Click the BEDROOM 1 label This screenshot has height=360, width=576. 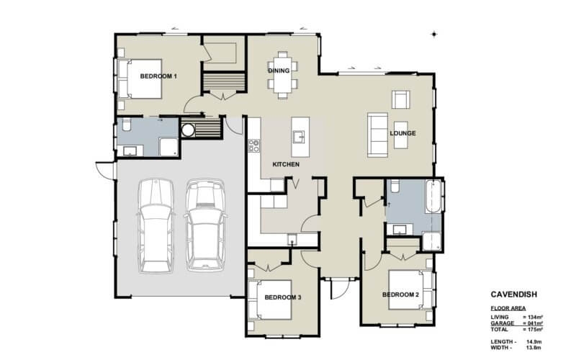point(158,76)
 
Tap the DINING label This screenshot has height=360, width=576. point(279,71)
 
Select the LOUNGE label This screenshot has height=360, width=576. point(402,133)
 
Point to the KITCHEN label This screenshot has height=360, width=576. point(285,165)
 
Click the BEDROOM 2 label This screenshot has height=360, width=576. point(400,294)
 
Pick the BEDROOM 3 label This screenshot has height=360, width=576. point(282,297)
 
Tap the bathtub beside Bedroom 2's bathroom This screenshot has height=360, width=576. point(432,197)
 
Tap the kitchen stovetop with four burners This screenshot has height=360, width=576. point(253,146)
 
